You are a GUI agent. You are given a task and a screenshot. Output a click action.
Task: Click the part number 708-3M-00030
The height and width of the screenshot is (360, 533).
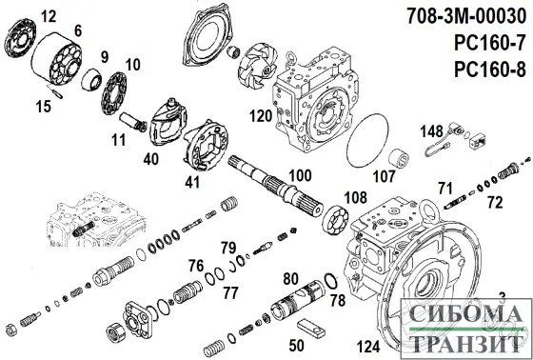[x=464, y=15]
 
